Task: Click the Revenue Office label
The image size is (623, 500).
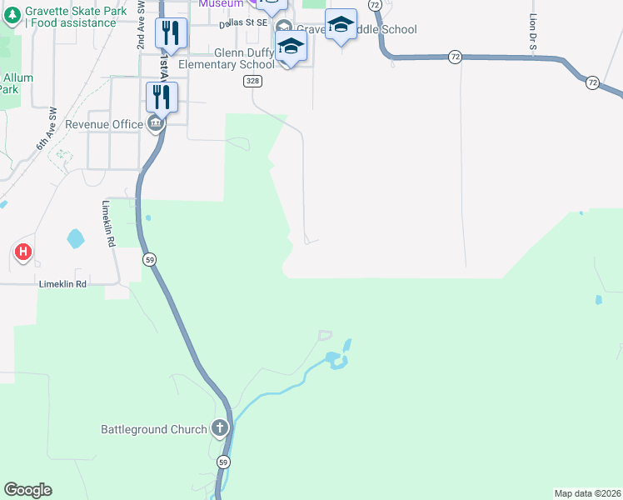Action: (104, 124)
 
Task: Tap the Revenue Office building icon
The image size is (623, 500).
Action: (155, 124)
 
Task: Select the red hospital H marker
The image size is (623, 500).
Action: (23, 251)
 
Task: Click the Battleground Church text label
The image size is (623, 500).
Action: (153, 429)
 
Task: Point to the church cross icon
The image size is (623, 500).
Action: (220, 429)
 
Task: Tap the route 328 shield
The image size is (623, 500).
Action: (253, 81)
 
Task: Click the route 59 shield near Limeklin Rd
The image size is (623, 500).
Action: (149, 259)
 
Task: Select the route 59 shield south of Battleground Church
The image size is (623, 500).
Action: (223, 462)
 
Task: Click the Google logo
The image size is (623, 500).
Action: (27, 490)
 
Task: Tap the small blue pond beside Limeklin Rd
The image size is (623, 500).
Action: (76, 238)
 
